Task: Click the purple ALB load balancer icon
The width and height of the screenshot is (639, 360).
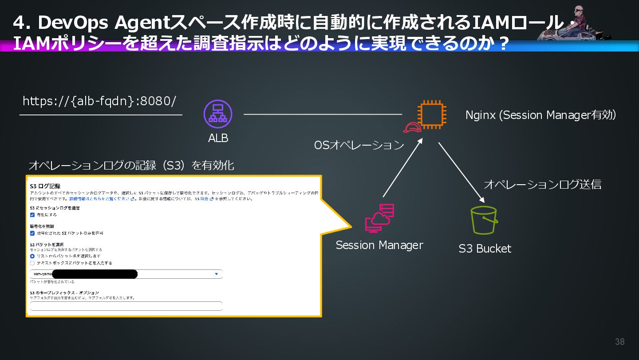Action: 218,114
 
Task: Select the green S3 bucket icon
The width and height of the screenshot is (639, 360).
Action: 484,220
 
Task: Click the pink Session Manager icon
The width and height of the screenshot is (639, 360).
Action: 379,218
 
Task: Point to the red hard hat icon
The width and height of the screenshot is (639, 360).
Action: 412,127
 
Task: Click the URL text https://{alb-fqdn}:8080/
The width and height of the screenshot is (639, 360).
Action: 99,101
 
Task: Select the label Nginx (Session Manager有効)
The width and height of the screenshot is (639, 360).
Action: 540,115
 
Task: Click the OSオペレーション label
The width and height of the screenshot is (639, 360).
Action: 359,145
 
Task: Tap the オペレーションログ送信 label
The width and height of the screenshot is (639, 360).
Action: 542,184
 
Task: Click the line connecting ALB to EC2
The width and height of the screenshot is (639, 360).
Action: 323,115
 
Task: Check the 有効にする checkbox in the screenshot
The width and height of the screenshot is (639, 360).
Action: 32,215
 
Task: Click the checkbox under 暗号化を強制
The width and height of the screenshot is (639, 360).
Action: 32,233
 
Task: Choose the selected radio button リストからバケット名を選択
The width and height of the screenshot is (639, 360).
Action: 32,256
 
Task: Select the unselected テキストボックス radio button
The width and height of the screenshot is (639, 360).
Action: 32,263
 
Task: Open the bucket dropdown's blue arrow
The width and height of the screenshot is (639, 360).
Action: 217,274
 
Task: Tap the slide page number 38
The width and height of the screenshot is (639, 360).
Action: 619,341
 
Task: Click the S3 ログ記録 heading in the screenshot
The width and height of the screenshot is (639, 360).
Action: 45,186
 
